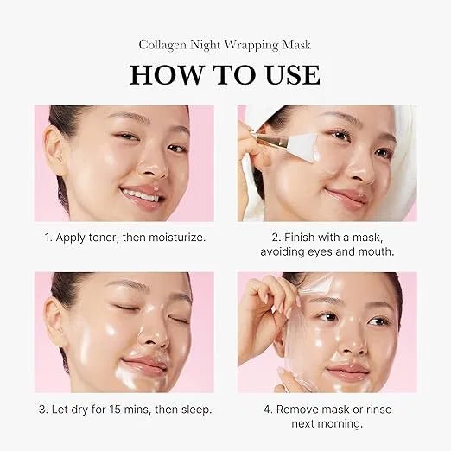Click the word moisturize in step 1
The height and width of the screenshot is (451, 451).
pyautogui.click(x=172, y=236)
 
